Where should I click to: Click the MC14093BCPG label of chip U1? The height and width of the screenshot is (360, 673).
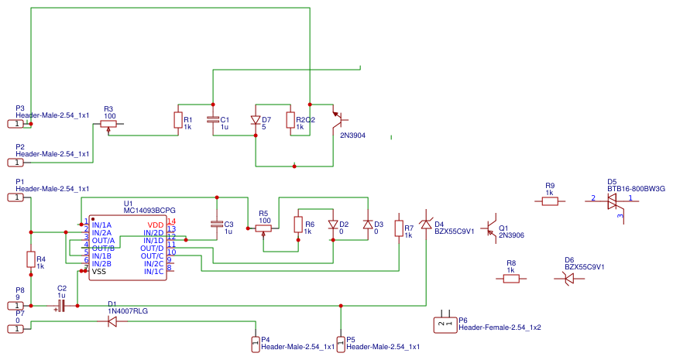tap(149, 211)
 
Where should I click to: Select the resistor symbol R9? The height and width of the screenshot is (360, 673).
tap(550, 201)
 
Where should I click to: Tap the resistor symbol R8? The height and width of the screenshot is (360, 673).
tap(511, 279)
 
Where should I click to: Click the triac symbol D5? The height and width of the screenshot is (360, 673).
tap(612, 201)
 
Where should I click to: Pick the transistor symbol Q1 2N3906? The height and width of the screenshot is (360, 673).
tap(489, 229)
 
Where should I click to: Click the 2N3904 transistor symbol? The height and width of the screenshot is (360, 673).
tap(337, 120)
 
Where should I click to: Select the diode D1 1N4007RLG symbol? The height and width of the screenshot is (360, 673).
tap(112, 321)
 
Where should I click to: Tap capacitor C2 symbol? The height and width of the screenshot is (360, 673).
tap(60, 307)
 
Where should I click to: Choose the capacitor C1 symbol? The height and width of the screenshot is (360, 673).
tap(213, 120)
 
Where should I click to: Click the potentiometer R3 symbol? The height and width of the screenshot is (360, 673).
tap(108, 124)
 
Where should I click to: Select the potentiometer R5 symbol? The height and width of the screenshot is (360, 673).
tap(264, 228)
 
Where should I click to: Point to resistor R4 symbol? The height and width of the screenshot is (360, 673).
tap(31, 259)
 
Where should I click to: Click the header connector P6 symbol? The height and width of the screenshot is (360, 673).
tap(445, 324)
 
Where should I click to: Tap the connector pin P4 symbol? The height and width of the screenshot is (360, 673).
tap(256, 342)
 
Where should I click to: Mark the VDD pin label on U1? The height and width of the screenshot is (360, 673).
tap(155, 225)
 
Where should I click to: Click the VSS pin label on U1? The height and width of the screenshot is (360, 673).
tap(99, 272)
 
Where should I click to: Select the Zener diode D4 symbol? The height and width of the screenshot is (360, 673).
tap(426, 225)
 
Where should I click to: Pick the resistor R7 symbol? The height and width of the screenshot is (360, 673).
tap(399, 228)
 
